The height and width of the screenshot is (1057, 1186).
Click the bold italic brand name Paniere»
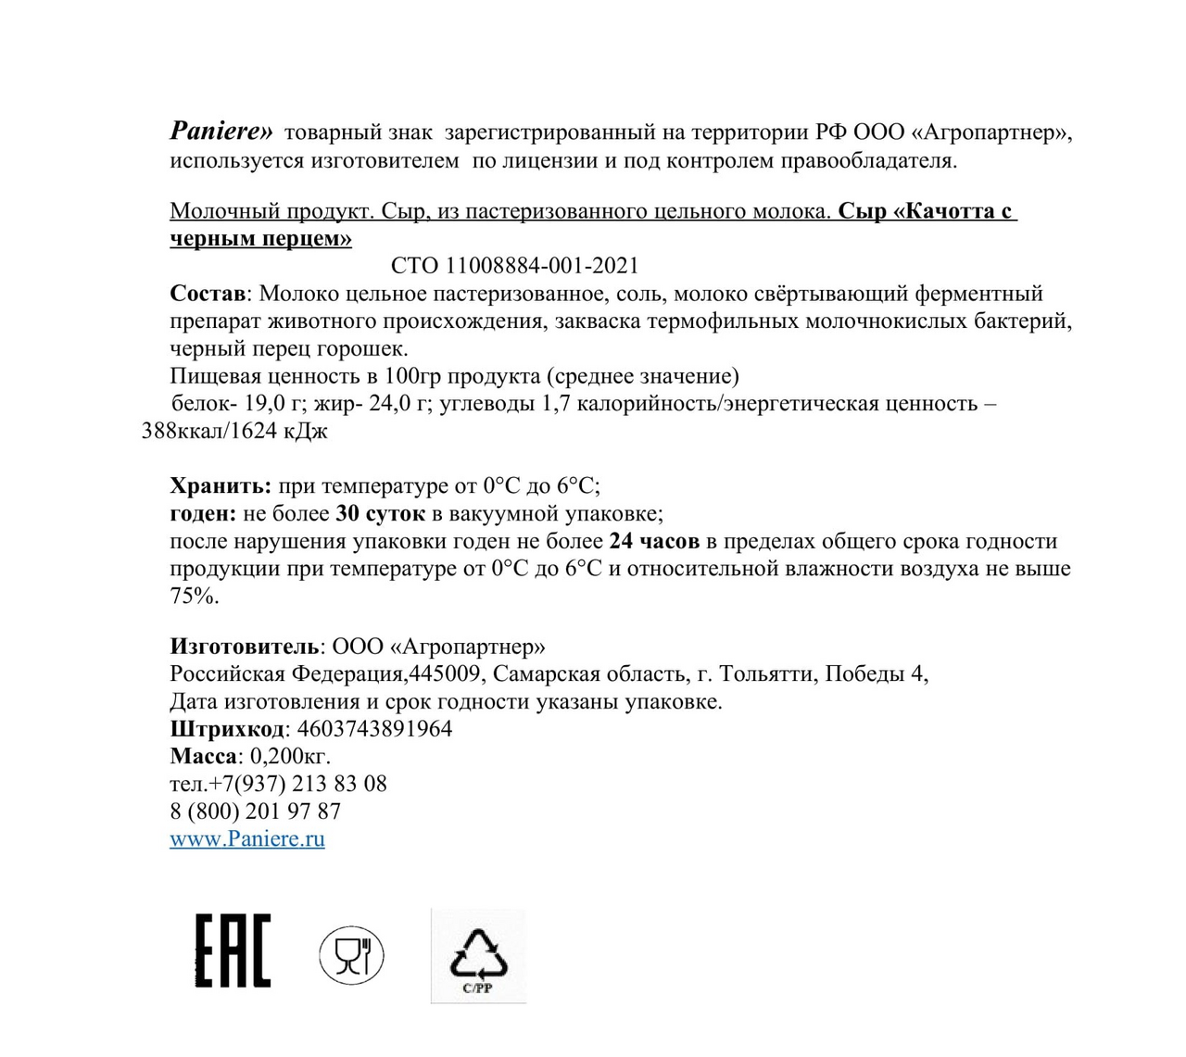[x=221, y=132]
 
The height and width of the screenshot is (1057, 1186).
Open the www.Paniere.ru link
[x=247, y=839]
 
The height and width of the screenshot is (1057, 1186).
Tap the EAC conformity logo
[x=233, y=950]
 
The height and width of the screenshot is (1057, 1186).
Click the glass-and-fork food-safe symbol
[x=351, y=955]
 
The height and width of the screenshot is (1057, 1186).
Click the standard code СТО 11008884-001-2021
[x=514, y=266]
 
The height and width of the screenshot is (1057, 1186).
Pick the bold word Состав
[x=208, y=294]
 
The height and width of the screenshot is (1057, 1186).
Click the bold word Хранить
[x=221, y=485]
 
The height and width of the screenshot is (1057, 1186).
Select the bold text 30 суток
[x=380, y=513]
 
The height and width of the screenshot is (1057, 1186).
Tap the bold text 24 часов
[x=654, y=541]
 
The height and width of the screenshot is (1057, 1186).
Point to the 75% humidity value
[x=195, y=596]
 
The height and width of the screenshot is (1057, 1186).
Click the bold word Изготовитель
[x=245, y=647]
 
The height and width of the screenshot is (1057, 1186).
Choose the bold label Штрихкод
[x=227, y=729]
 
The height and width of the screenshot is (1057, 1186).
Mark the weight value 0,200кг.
[x=290, y=756]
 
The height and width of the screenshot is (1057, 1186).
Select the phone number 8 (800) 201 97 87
[x=255, y=812]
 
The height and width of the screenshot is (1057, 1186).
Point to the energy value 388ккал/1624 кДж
[x=234, y=431]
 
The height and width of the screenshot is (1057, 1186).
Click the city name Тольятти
[x=765, y=673]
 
